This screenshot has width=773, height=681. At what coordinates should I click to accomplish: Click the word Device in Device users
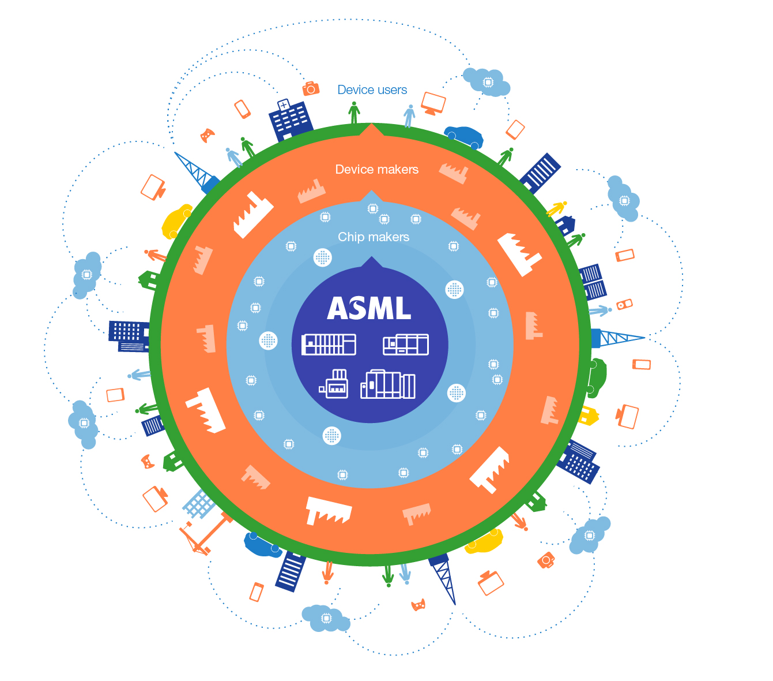356,90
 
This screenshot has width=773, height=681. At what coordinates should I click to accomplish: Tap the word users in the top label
391,90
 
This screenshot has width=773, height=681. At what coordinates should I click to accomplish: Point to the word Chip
350,237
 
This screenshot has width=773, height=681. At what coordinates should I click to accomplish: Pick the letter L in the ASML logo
403,309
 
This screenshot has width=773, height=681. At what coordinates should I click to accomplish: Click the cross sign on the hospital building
284,105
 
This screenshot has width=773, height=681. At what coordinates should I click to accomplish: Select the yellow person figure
557,208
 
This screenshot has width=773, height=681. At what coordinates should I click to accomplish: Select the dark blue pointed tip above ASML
369,263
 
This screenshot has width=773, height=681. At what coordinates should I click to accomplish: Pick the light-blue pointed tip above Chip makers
371,196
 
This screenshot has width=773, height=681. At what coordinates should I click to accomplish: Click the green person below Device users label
354,113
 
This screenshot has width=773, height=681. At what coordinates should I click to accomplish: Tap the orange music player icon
624,304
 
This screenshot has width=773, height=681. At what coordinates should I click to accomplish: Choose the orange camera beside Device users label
311,88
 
